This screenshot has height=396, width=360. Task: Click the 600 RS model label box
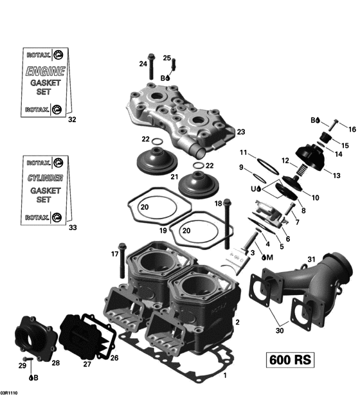tap(289, 359)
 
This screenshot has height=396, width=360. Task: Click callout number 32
tap(72, 120)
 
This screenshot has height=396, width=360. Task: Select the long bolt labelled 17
tap(123, 258)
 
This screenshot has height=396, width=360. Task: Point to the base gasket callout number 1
tap(224, 375)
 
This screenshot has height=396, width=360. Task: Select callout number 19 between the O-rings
tap(163, 230)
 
